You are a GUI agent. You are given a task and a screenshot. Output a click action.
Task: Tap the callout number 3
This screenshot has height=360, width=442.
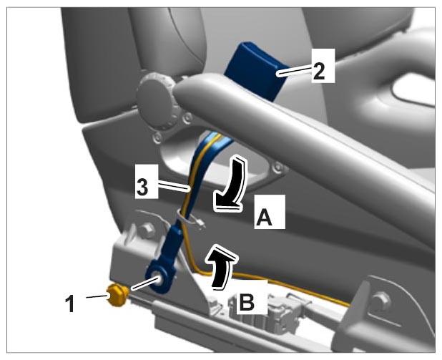click(142, 187)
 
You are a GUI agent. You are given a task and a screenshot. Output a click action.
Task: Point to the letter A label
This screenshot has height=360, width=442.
click(264, 218)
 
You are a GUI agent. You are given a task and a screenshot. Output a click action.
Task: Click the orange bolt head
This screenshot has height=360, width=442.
click(117, 295)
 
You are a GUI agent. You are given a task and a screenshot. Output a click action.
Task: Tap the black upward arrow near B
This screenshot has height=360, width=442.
click(221, 267)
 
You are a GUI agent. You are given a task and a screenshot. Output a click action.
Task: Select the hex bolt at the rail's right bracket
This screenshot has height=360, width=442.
click(381, 301)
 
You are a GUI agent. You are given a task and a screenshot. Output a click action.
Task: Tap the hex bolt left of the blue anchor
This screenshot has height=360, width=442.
click(147, 230)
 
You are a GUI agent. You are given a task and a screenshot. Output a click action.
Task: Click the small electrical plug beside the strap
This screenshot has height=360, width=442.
click(201, 224)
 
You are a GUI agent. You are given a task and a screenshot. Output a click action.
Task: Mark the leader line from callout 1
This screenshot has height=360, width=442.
click(97, 296)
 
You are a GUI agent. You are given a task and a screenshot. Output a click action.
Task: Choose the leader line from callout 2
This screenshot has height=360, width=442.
click(295, 71)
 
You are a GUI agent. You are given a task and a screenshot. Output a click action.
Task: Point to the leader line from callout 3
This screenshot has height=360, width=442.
click(173, 187)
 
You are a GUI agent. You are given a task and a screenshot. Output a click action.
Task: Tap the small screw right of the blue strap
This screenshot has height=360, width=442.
click(278, 167)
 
